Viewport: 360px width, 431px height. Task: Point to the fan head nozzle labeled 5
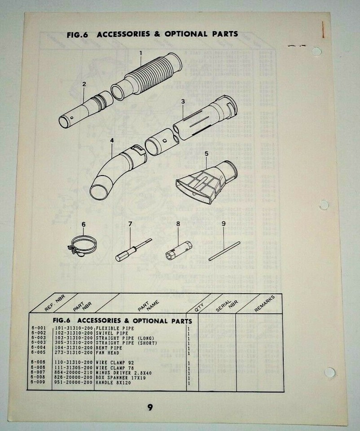pyautogui.click(x=204, y=182)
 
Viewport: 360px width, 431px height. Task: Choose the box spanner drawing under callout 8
pyautogui.click(x=178, y=249)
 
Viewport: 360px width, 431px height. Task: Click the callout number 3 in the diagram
pyautogui.click(x=183, y=102)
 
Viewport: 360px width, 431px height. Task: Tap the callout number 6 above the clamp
pyautogui.click(x=83, y=224)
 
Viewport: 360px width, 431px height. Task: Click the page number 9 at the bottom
pyautogui.click(x=150, y=407)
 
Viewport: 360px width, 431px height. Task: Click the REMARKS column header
pyautogui.click(x=264, y=303)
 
